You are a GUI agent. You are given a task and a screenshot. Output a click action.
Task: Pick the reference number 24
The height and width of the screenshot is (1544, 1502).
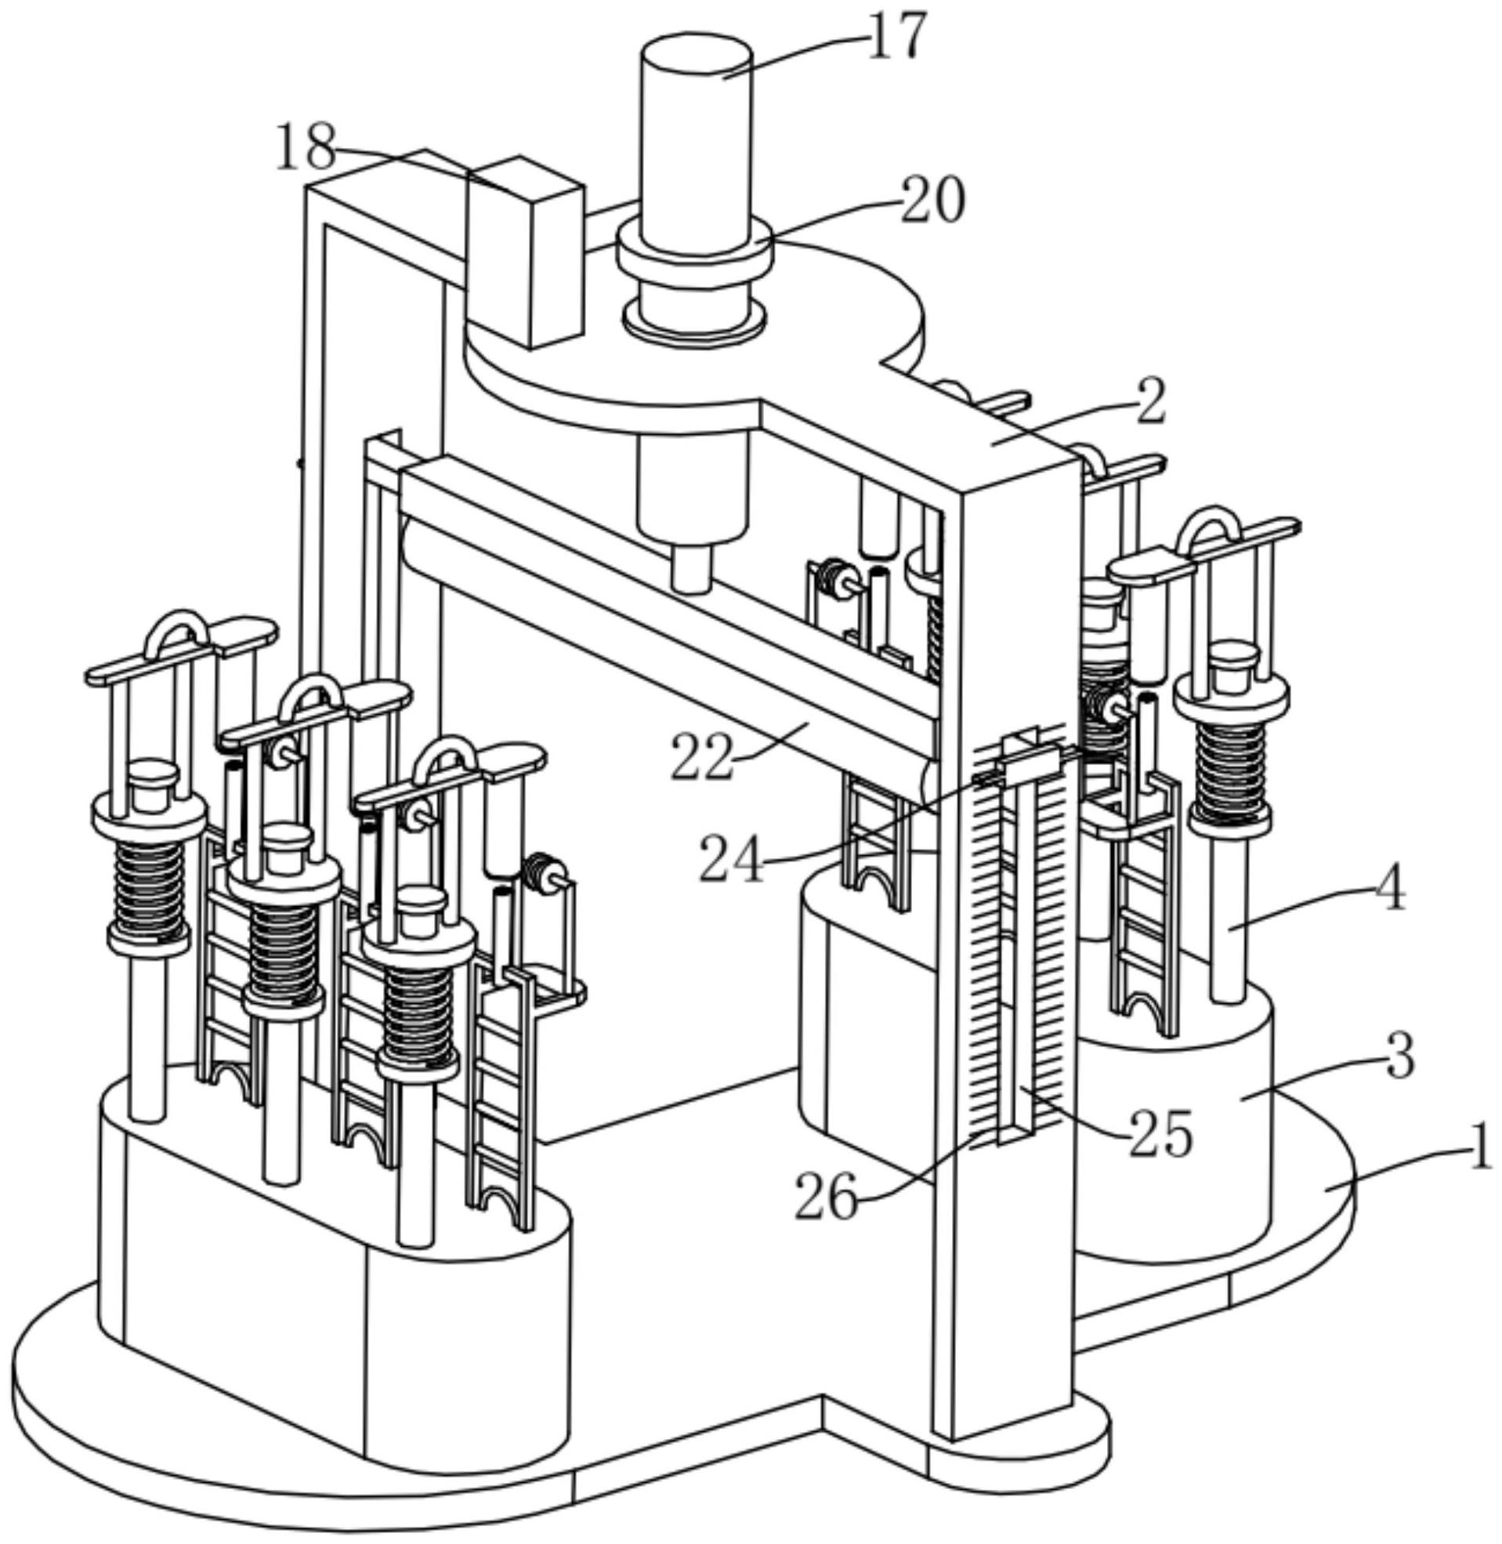(731, 858)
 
